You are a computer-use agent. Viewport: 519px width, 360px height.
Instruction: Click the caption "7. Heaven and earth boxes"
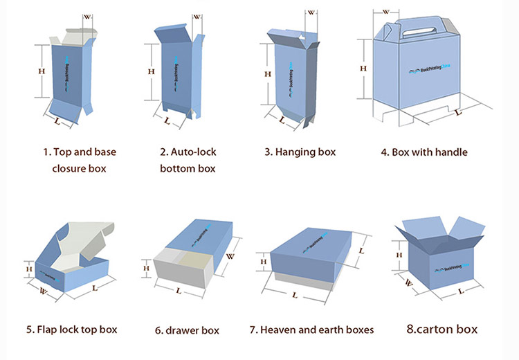tap(311, 329)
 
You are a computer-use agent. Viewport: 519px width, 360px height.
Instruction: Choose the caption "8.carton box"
tap(441, 329)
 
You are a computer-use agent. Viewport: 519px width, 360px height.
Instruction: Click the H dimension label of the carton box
tap(399, 255)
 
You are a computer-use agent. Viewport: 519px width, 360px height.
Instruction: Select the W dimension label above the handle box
tap(385, 11)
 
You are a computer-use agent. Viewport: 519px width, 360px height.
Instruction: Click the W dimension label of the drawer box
tap(230, 255)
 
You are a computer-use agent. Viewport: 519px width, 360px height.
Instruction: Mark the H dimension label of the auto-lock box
tap(151, 71)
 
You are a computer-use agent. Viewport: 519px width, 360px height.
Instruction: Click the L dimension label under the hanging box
tap(282, 118)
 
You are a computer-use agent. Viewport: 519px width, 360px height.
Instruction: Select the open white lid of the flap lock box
tap(76, 239)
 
